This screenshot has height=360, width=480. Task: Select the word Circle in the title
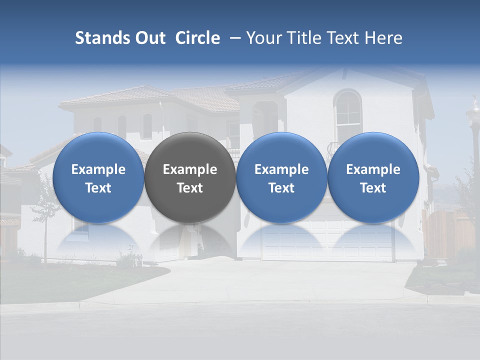pos(197,38)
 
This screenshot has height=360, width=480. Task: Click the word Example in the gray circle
pos(190,169)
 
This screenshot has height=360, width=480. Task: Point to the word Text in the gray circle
pos(190,188)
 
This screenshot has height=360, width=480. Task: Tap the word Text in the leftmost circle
pos(98,188)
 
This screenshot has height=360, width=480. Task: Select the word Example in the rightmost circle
pos(373,169)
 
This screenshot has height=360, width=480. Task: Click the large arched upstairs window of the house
pos(347,112)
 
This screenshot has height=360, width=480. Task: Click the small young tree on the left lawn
pos(45,215)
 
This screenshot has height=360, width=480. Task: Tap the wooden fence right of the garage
pos(447,232)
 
